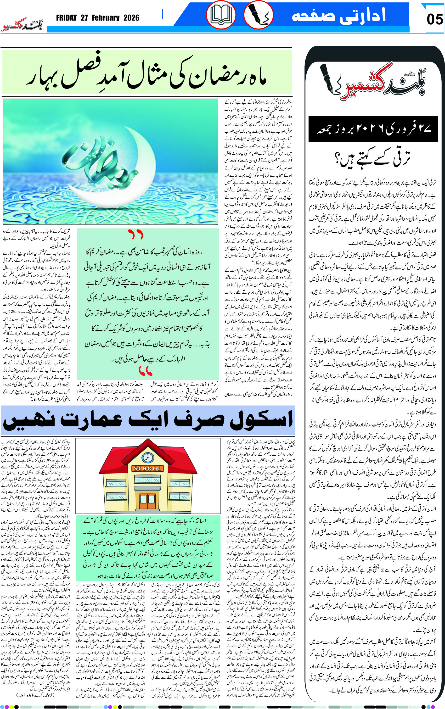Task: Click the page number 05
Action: pos(434,19)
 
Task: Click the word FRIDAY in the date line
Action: pos(66,18)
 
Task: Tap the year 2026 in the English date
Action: pos(131,18)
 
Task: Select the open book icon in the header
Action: pos(221,15)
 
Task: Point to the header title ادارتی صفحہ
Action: pos(338,15)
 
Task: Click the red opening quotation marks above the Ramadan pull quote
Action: pos(136,234)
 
